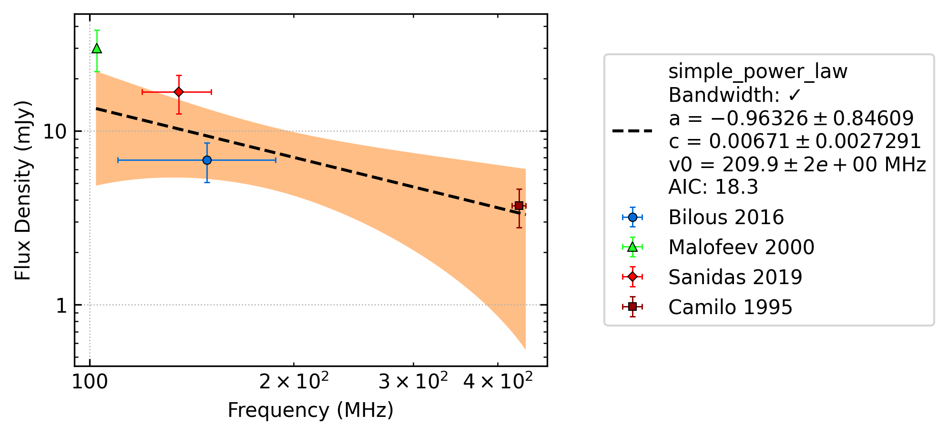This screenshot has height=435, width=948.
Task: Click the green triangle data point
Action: coord(97,48)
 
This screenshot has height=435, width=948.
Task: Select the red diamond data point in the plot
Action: coord(179,92)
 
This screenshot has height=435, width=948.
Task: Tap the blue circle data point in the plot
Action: coord(207,160)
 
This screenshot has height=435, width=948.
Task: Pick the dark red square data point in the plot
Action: coord(519,206)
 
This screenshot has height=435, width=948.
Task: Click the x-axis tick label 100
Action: coord(90,382)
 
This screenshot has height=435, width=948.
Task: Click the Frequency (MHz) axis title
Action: coord(311,410)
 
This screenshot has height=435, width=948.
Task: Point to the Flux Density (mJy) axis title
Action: coord(22,190)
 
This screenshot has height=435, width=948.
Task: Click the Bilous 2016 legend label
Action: coord(726,217)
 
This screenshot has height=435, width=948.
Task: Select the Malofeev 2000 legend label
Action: coord(741,247)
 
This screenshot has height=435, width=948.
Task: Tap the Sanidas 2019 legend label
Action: coord(735,277)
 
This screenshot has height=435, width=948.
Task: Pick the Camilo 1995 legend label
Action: coord(730,307)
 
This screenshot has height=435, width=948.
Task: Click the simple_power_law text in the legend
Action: coord(758,72)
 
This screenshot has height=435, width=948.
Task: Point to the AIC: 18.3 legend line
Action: coord(713,187)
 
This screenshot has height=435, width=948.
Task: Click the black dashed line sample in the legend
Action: coord(632,130)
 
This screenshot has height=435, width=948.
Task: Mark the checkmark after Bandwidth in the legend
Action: coord(794,95)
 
